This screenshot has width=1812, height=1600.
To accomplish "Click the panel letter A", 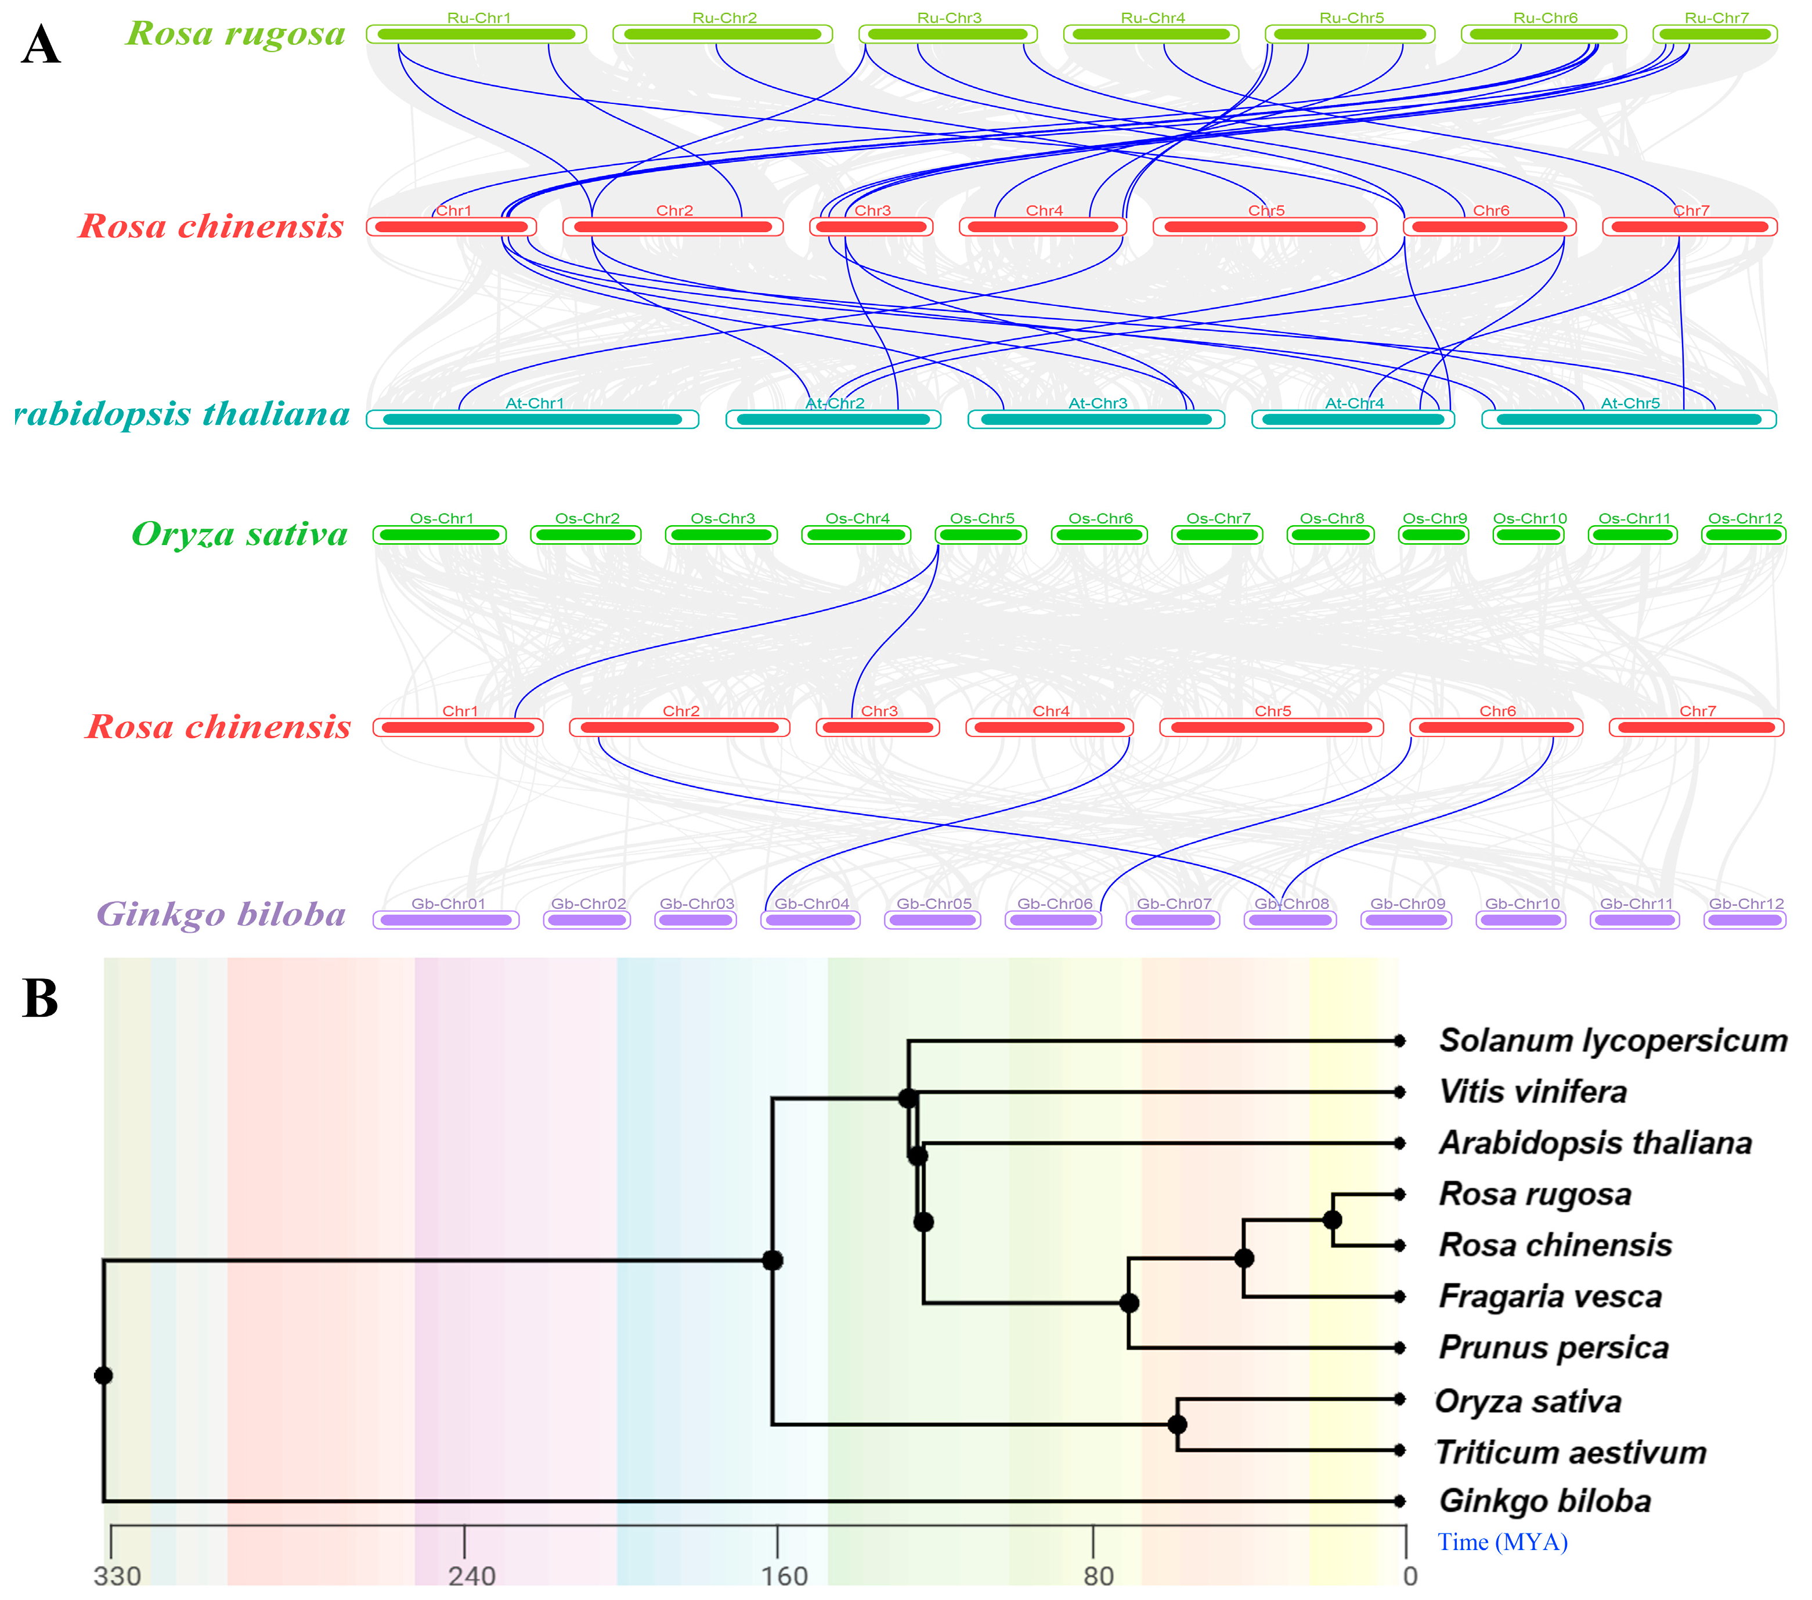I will [x=41, y=45].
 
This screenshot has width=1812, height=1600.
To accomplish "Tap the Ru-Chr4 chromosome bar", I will [x=1152, y=35].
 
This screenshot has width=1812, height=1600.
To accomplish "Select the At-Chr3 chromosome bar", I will [x=1096, y=419].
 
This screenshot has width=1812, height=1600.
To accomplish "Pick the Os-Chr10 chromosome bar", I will [x=1528, y=536].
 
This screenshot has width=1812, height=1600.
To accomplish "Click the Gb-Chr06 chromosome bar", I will [x=1053, y=920].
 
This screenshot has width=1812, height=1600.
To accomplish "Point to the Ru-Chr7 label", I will [x=1716, y=18].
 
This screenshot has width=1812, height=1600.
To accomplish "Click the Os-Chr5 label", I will [x=981, y=519].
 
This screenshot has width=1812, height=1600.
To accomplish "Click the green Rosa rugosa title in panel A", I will [x=236, y=34].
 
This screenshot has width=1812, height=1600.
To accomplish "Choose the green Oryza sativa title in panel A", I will [x=239, y=534].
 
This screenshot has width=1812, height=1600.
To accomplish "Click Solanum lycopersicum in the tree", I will [x=1612, y=1041].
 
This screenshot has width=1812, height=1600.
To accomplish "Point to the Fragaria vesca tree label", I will [x=1550, y=1297].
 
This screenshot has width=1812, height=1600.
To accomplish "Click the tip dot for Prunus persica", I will [x=1399, y=1348].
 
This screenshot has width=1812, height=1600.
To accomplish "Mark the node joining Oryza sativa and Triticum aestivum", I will [x=1176, y=1425].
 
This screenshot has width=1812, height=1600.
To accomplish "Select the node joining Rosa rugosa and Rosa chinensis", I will [x=1331, y=1220].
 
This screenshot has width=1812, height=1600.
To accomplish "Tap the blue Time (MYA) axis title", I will [x=1501, y=1543].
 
